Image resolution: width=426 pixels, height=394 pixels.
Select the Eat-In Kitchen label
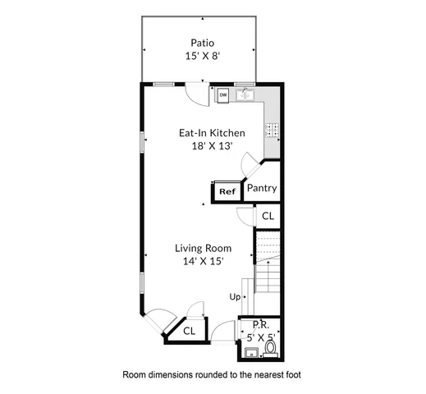[x=212, y=132]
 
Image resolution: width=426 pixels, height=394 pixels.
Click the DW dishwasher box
[x=223, y=95]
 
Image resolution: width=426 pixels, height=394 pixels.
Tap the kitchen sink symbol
[x=244, y=94]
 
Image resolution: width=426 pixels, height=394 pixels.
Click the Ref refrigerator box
[x=227, y=192]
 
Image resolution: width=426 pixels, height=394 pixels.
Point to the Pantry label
[x=262, y=189]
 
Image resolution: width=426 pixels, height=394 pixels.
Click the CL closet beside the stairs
[x=267, y=216]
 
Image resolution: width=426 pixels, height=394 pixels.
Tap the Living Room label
[x=203, y=248]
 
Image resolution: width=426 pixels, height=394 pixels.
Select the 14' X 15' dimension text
[x=203, y=261]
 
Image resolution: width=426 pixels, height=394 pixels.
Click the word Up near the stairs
[x=235, y=296]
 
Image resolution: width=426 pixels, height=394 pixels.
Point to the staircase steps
[x=267, y=263]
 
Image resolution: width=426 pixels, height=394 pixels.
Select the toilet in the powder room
[x=272, y=352]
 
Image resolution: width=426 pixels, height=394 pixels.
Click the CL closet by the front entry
[x=189, y=331]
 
